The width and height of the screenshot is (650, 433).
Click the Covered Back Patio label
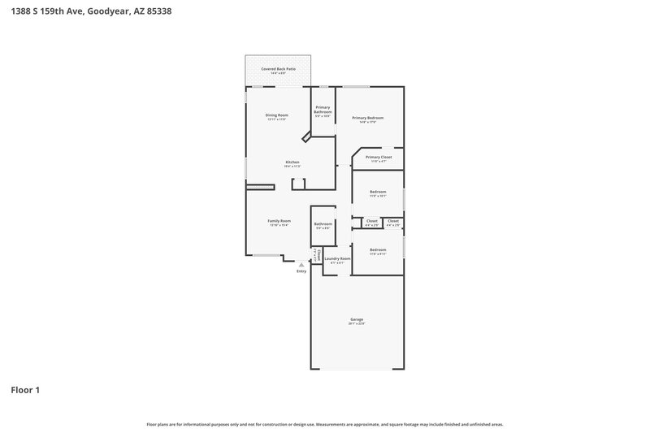point(278,70)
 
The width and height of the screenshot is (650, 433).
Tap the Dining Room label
point(277,115)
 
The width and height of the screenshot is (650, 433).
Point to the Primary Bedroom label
point(367,118)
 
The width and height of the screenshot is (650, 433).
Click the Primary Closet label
point(379,157)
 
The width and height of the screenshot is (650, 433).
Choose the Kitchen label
point(292,162)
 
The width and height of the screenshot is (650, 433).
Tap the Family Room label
point(279,221)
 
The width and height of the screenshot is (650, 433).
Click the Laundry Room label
point(336,258)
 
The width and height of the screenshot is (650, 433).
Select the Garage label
point(357,320)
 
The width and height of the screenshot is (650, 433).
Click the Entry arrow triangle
point(301,264)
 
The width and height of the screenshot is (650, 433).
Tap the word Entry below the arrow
point(301,271)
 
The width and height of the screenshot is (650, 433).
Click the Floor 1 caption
point(25,390)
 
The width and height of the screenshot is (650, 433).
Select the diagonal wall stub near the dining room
point(306,139)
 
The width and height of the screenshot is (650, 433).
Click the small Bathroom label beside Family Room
point(323,223)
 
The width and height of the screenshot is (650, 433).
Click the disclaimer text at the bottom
point(324,424)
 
